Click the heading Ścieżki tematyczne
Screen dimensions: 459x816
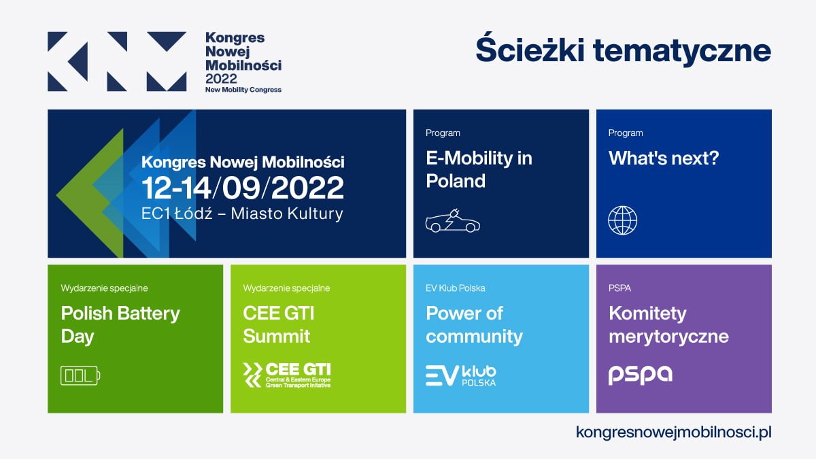tap(623, 52)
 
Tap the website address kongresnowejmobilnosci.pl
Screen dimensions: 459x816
tap(673, 432)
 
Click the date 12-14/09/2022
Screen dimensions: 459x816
tap(242, 188)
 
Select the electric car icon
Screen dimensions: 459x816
tap(452, 221)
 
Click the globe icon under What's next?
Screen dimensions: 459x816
tap(622, 221)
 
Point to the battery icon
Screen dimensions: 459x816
tap(80, 375)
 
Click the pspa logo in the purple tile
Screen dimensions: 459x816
tap(640, 375)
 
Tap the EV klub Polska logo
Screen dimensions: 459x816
tap(460, 375)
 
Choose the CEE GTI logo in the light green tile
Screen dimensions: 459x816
tap(288, 375)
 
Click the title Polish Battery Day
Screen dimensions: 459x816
tap(120, 324)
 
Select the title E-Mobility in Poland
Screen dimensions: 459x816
tap(479, 169)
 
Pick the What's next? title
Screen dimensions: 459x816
tap(663, 158)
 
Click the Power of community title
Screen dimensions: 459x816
tap(474, 324)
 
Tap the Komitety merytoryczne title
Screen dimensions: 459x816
tap(668, 324)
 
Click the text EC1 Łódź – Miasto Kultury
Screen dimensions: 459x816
tap(242, 214)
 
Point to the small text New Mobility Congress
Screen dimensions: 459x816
tap(243, 90)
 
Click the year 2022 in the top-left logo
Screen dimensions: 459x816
tap(221, 78)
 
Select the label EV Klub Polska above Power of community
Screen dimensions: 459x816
tap(455, 288)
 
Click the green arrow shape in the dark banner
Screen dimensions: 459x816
tap(85, 197)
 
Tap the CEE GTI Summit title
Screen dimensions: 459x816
tap(278, 324)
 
